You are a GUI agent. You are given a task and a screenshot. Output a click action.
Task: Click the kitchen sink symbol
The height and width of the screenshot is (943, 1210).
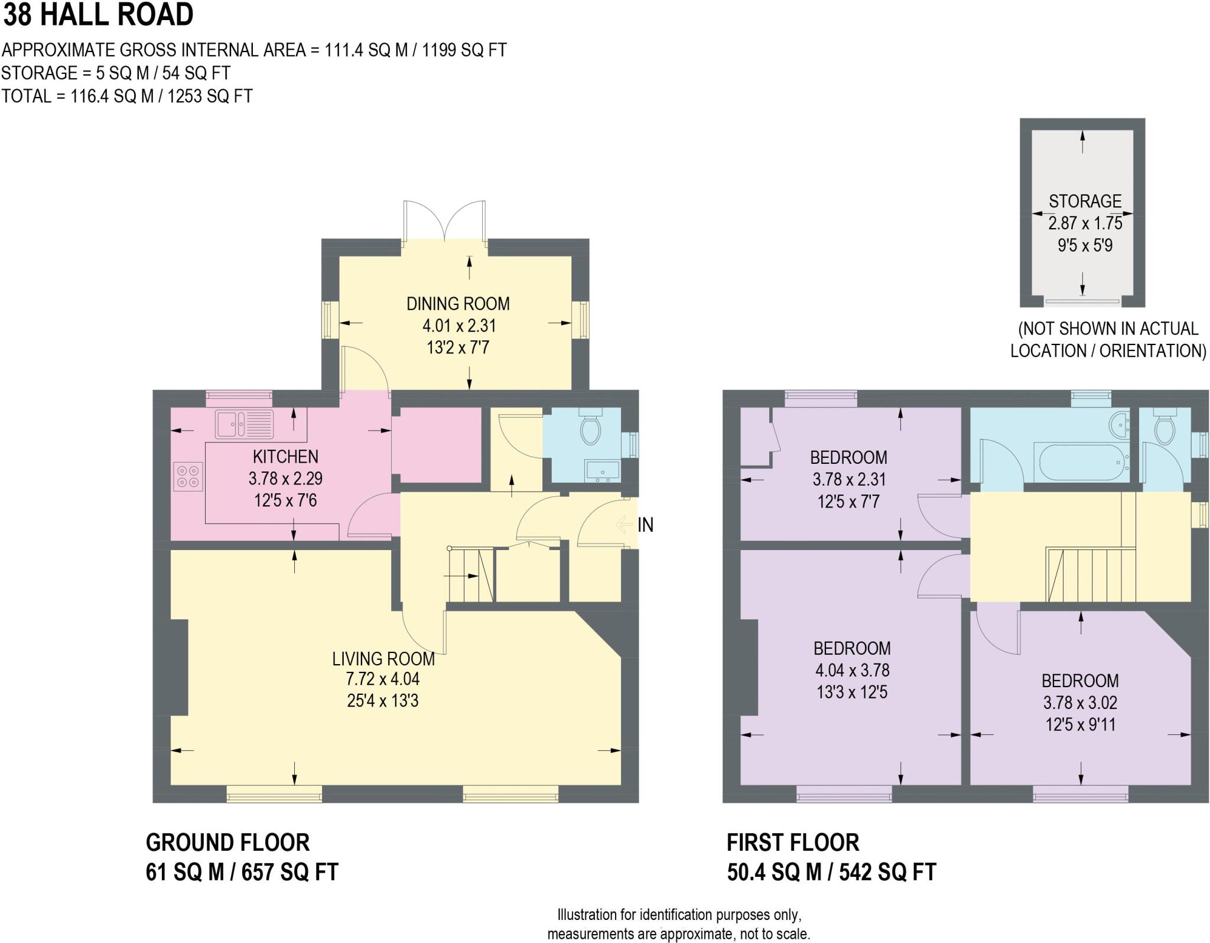(x=244, y=424)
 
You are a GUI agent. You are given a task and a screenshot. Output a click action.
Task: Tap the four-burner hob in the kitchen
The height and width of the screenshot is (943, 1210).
(x=188, y=477)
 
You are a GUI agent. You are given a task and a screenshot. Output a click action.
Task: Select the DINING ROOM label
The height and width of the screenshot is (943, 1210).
(x=458, y=304)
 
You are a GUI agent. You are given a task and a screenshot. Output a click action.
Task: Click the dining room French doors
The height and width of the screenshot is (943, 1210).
(x=444, y=222)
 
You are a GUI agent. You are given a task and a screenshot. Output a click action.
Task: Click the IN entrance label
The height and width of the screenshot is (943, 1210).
(x=645, y=525)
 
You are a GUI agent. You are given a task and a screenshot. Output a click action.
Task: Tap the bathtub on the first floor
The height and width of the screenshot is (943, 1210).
(x=1081, y=463)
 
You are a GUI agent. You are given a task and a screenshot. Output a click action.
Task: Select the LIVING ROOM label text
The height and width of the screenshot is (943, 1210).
(x=383, y=658)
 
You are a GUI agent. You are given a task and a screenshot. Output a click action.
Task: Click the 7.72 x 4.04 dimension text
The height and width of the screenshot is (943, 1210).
(x=383, y=679)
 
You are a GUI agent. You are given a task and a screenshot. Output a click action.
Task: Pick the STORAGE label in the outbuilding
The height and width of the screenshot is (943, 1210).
(x=1085, y=201)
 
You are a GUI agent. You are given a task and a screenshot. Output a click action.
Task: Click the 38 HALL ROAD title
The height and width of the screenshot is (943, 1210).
(x=98, y=14)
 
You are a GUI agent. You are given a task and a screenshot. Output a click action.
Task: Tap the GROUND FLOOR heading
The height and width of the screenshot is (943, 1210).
(x=227, y=843)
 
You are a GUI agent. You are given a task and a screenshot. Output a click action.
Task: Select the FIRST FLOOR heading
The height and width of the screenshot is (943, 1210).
(x=793, y=843)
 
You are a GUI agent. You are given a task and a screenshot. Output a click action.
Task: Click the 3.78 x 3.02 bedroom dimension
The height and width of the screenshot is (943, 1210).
(x=1080, y=703)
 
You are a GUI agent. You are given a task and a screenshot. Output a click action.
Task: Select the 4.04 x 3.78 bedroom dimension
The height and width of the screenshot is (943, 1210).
(x=851, y=670)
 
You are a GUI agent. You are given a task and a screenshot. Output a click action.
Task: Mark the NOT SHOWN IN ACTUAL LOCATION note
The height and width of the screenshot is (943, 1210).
(x=1108, y=340)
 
